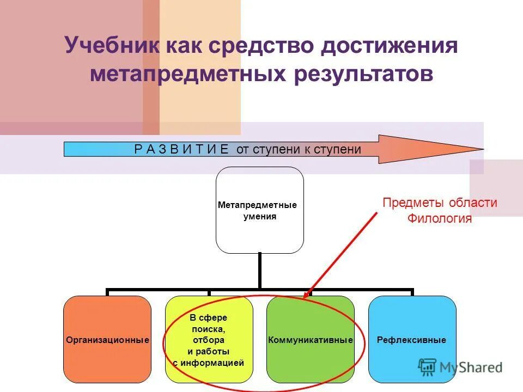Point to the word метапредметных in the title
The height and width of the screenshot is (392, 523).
tap(188, 74)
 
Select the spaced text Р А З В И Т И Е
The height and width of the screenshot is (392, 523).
tap(181, 149)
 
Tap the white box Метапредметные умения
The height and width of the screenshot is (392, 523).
tap(259, 210)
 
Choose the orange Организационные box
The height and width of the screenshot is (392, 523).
tap(107, 339)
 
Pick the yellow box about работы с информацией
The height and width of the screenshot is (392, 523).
tap(209, 339)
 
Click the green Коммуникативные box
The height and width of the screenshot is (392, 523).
tap(311, 339)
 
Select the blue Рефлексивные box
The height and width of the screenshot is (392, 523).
tap(412, 339)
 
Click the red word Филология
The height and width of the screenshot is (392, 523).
tap(440, 219)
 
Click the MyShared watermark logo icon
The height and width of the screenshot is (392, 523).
tap(426, 367)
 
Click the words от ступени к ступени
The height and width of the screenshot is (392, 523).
tap(299, 149)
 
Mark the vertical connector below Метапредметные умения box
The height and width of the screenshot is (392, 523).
tap(260, 271)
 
